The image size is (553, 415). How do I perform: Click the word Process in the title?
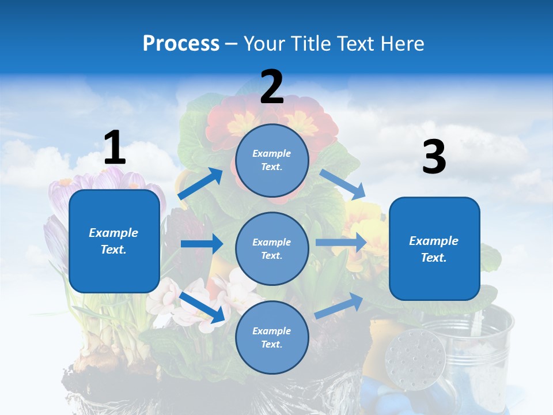coord(181,43)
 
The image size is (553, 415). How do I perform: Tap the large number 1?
coord(115,148)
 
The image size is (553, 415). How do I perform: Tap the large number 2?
coord(272,87)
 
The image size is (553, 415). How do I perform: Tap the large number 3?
coord(434,157)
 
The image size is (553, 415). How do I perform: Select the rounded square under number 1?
coord(114,241)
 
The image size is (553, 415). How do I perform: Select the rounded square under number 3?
coord(434,248)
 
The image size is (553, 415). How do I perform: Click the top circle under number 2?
coord(272,160)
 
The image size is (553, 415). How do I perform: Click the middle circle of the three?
coord(272,248)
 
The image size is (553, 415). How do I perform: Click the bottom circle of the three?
coord(272,337)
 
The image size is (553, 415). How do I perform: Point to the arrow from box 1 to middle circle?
coord(202,244)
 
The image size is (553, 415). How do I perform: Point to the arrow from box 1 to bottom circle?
coord(202,307)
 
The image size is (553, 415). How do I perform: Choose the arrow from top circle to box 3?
coord(342,184)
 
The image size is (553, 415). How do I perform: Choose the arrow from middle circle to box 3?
coord(341,243)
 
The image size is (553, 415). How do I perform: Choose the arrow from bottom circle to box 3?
coord(339,305)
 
